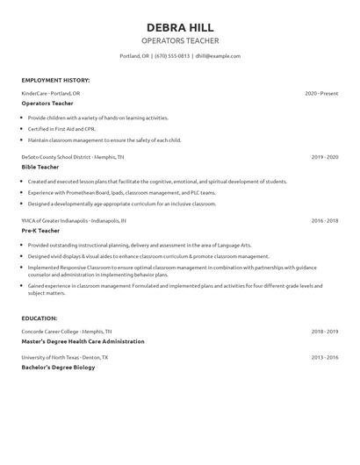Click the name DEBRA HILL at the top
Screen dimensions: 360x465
(x=180, y=27)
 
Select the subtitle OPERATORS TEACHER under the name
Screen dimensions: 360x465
(x=180, y=41)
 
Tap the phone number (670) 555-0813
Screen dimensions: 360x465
(x=172, y=56)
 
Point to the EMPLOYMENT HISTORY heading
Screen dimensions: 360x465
(x=55, y=80)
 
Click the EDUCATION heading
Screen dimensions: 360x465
(x=40, y=318)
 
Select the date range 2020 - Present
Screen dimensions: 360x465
(x=321, y=93)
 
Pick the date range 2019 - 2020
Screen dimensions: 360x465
(x=325, y=157)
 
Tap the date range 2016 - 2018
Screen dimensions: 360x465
(x=325, y=221)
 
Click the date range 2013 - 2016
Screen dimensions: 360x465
(x=325, y=358)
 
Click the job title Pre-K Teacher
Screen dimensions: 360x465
(x=40, y=231)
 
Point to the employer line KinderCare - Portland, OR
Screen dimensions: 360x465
(x=51, y=93)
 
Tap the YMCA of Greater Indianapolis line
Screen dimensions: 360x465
(x=74, y=221)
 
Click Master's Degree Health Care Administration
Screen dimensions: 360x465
(x=83, y=341)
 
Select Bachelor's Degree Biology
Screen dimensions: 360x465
(x=58, y=368)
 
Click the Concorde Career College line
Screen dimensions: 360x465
(x=67, y=332)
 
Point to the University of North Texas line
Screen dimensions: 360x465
(x=65, y=358)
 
